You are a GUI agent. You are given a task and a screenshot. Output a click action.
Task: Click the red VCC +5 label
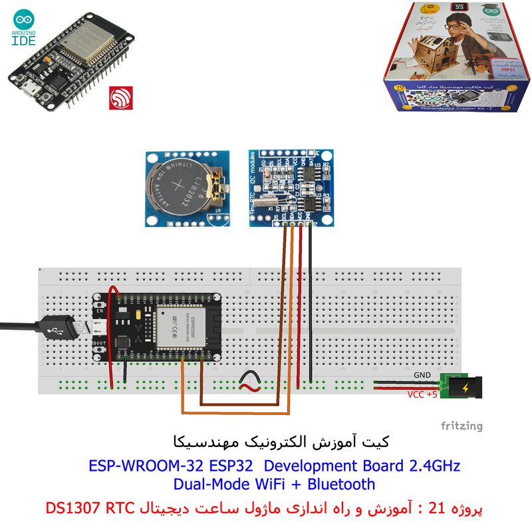coord(422,394)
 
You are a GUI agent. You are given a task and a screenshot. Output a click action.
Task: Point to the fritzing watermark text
coord(461,426)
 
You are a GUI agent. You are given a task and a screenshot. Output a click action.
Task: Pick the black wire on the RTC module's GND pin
coord(311,299)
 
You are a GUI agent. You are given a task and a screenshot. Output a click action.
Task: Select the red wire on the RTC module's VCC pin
coord(301,299)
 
